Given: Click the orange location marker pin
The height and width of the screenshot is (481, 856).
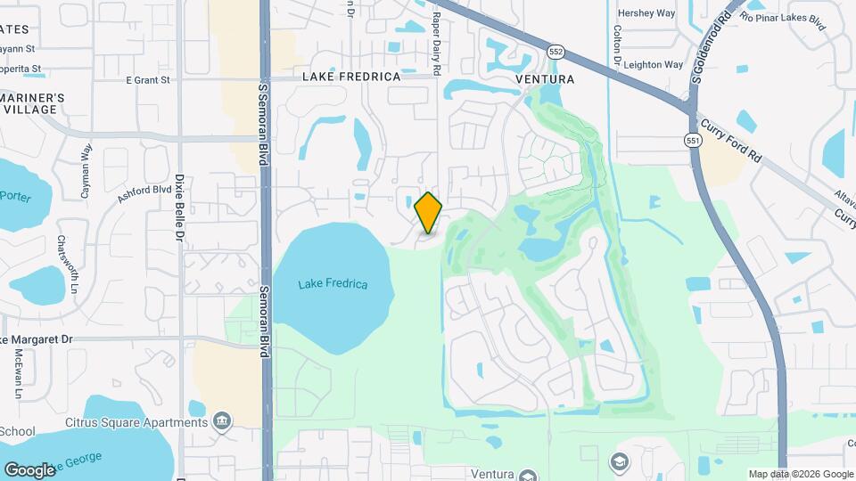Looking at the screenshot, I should (429, 213).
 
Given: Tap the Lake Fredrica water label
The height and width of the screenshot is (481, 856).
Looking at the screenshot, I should (333, 284).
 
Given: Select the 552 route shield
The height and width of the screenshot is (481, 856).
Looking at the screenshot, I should (556, 52).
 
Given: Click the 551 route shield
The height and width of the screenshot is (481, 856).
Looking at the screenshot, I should (693, 140).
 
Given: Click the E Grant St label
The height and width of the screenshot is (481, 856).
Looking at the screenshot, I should (147, 80).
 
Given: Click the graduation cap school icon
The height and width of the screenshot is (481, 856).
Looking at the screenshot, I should (619, 462).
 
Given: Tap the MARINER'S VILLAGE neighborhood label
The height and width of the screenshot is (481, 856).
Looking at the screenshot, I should (31, 103).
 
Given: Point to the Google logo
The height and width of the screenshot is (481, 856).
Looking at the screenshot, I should (29, 469).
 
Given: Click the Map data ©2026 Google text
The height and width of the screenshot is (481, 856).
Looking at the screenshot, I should (801, 474).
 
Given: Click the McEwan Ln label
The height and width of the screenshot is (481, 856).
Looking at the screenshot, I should (18, 372).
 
